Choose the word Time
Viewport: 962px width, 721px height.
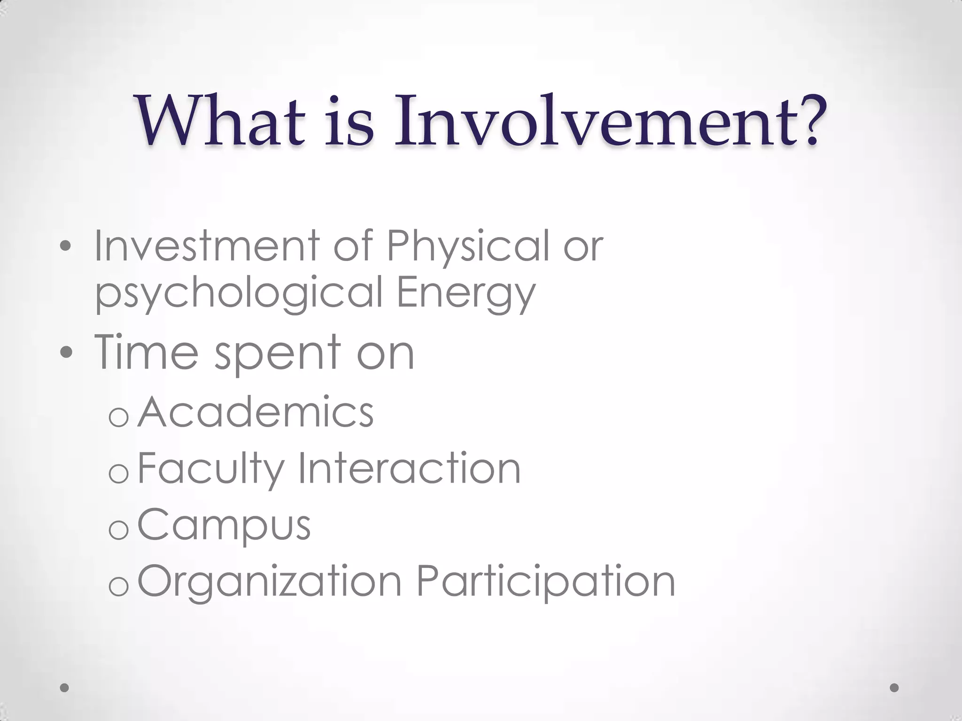click(x=147, y=352)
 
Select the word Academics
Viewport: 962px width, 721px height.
click(x=256, y=412)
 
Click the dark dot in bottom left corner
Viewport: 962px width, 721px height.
click(x=65, y=688)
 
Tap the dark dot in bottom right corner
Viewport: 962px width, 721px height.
click(x=894, y=688)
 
